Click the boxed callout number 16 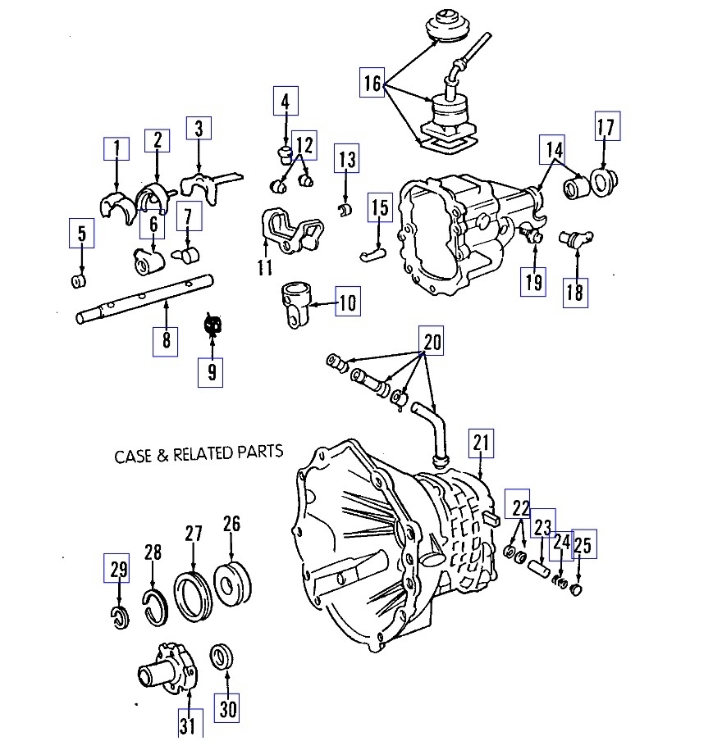click(x=372, y=83)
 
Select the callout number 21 click(x=481, y=443)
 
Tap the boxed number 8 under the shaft click(x=166, y=339)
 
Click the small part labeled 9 click(x=212, y=325)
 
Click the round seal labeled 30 click(x=222, y=657)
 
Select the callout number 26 click(x=231, y=524)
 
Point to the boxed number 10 click(x=347, y=303)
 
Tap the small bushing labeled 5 click(x=80, y=282)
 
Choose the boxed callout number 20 click(x=432, y=341)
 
